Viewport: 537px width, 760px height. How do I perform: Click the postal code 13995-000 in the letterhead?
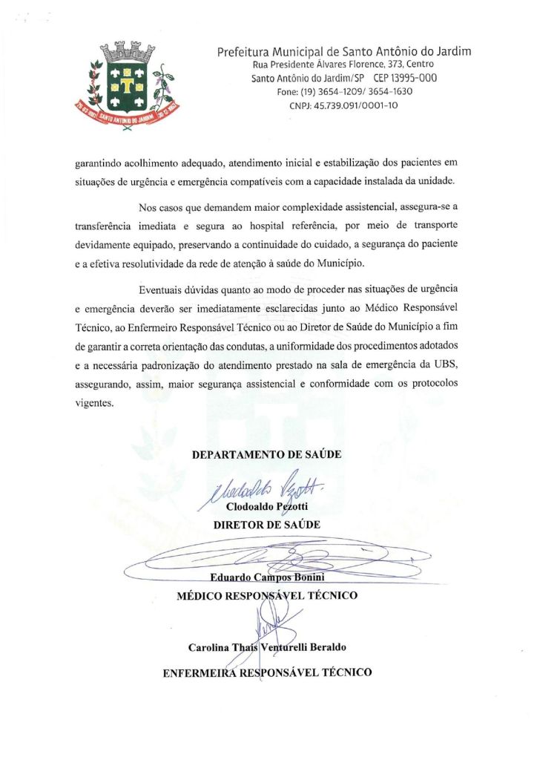pos(405,78)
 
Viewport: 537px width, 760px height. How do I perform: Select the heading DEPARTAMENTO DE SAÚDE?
pos(267,454)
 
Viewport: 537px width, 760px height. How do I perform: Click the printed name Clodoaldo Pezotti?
pos(267,507)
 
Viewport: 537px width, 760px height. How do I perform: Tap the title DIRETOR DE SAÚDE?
pos(267,524)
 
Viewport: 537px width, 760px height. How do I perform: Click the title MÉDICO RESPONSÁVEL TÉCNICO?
pos(267,594)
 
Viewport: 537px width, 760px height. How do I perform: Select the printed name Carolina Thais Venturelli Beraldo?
pos(268,647)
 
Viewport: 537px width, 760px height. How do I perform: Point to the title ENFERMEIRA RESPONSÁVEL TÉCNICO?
pos(267,673)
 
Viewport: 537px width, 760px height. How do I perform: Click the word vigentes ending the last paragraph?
pos(95,404)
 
